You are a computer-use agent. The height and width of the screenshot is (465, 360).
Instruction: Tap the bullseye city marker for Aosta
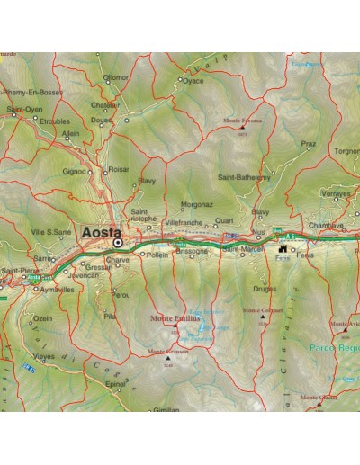[117, 242]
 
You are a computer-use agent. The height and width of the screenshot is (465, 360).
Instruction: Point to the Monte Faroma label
[242, 121]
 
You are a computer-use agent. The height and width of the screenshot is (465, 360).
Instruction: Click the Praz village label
[308, 143]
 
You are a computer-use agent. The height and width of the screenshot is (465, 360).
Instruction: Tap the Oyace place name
[194, 80]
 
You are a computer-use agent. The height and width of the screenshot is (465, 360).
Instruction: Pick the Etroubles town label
[54, 120]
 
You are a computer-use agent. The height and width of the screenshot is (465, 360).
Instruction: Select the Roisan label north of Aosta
[118, 168]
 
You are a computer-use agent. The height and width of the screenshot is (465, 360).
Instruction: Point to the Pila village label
[111, 317]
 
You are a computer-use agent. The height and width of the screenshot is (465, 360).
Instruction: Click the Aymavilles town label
[57, 291]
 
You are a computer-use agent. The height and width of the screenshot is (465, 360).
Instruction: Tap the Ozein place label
[42, 318]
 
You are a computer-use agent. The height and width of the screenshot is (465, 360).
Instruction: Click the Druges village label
[264, 289]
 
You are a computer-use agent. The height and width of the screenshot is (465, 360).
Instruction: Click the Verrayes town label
[336, 192]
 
